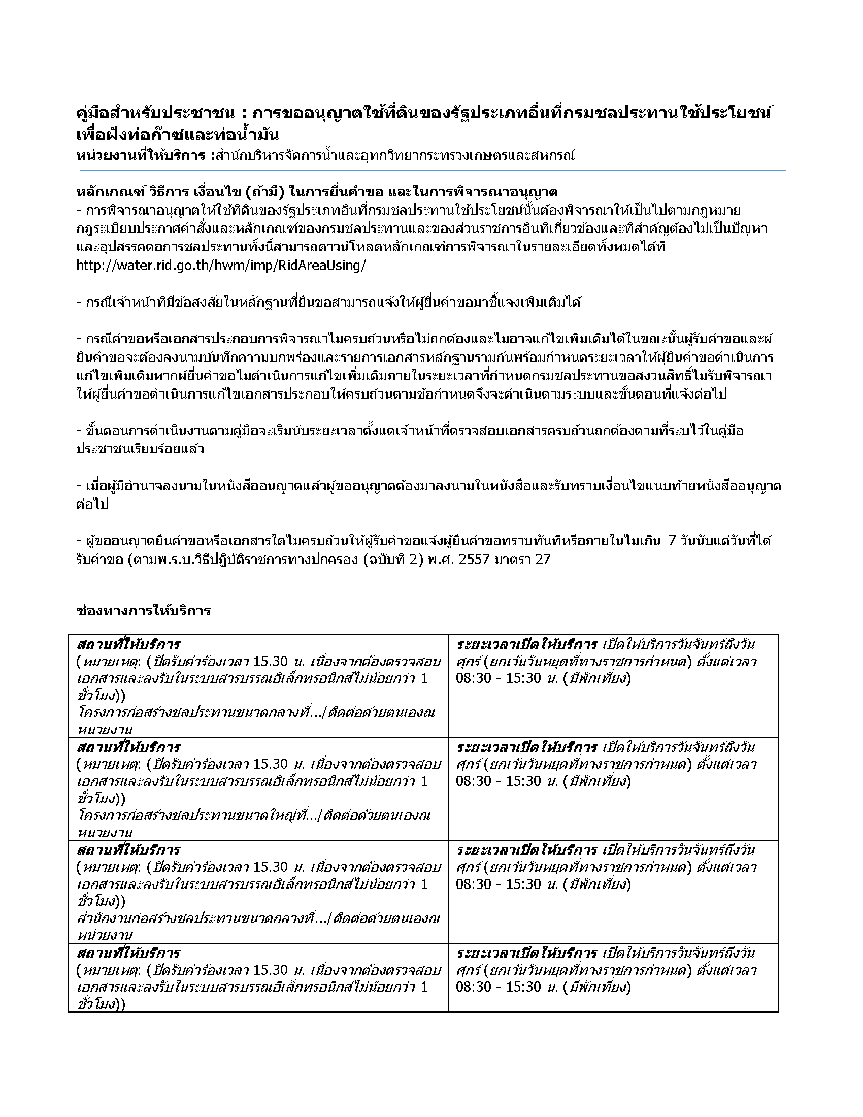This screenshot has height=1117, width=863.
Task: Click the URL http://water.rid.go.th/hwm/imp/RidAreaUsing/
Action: point(221,266)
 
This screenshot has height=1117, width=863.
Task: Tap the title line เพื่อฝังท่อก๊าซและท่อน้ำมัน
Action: point(177,135)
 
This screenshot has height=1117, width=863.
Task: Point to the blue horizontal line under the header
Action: point(431,170)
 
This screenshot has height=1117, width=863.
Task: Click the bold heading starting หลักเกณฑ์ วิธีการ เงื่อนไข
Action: point(316,192)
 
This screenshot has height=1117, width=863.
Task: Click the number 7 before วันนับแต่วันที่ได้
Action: point(672,541)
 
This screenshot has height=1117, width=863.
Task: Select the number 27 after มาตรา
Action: point(543,559)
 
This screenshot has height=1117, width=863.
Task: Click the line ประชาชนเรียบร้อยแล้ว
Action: point(140,449)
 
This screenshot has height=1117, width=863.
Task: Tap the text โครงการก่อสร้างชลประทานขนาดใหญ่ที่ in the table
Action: point(196,815)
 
